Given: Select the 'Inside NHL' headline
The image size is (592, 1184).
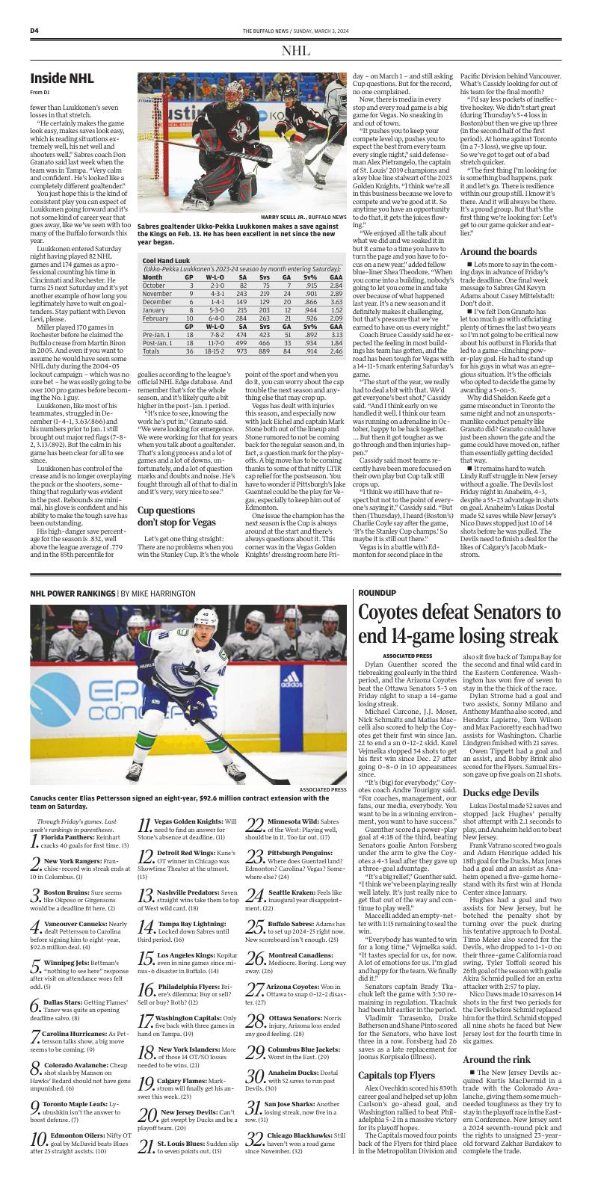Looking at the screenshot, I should (62, 78).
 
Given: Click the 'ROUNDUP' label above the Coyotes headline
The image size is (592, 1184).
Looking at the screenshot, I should (377, 592).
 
